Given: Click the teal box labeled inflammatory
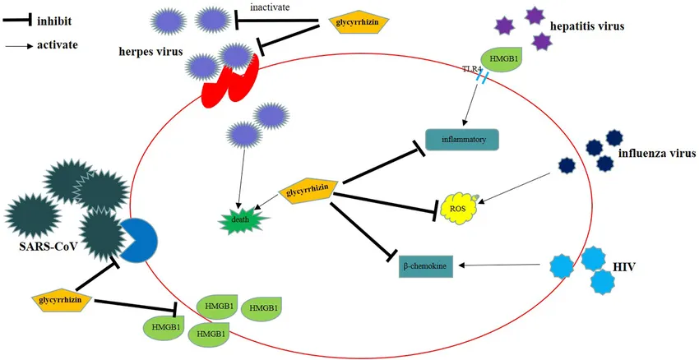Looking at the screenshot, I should [x=463, y=140].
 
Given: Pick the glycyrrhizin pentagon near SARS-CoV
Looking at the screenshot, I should [x=62, y=301].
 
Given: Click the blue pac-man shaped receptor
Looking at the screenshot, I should [x=139, y=239].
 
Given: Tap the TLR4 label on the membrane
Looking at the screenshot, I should [x=474, y=70].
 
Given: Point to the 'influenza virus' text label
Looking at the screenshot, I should [x=657, y=154].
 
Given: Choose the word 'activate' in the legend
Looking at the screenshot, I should [x=57, y=44].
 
